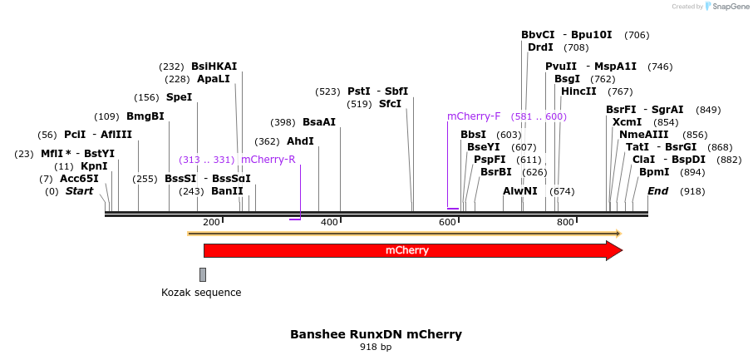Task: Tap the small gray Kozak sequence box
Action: pos(202,274)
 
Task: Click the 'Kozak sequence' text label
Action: pos(201,293)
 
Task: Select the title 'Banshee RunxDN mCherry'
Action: pos(376,334)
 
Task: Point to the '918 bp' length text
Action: pos(376,347)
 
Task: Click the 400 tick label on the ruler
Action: pos(329,222)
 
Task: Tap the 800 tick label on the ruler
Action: pos(565,222)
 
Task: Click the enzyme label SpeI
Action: pos(179,97)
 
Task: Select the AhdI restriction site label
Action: pos(300,141)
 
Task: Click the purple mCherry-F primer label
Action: pos(474,116)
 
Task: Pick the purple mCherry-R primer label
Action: pos(268,160)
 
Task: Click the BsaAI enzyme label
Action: pos(319,122)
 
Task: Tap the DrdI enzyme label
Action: pos(540,47)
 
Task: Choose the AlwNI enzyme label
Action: pos(520,190)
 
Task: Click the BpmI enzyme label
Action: pos(654,172)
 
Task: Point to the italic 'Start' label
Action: pos(80,191)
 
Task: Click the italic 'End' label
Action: pos(657,190)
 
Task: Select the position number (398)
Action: pos(283,122)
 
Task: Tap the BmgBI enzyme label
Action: pos(145,116)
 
